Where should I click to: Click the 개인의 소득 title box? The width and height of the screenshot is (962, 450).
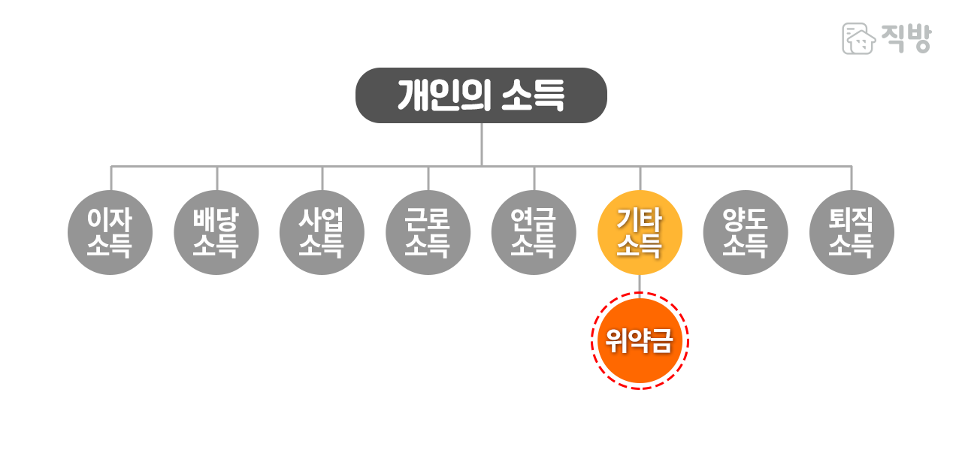481,95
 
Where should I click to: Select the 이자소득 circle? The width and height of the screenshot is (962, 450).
110,232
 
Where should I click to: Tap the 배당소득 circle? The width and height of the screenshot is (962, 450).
216,232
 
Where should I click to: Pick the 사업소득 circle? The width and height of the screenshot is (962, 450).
322,232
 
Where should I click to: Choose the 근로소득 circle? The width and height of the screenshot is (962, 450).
428,232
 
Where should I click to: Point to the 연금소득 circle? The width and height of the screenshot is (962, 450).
534,232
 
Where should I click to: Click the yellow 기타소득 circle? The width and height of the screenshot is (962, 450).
640,232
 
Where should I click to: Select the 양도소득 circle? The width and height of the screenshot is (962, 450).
746,232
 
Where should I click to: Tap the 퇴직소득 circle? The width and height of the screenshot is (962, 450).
852,232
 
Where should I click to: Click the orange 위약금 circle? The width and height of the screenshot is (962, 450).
639,341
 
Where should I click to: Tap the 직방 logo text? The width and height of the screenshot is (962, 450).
907,38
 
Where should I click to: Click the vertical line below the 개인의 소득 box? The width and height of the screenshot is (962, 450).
481,143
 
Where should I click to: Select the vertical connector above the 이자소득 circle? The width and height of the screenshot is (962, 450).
111,178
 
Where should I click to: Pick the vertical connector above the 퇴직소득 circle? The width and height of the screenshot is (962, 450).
852,178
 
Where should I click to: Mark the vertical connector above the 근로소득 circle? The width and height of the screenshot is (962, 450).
428,178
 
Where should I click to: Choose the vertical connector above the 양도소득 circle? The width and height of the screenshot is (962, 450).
746,178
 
